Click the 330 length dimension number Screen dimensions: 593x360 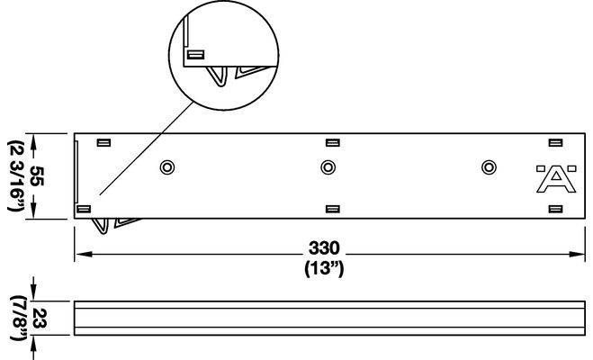coord(324,248)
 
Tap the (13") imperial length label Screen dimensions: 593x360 coord(324,269)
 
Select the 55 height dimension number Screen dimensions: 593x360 coord(37,175)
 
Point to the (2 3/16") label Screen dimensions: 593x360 coord(16,175)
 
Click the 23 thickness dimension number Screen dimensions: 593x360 coord(40,319)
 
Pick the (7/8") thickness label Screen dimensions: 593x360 coord(18,319)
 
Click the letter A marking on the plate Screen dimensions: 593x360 coord(556,182)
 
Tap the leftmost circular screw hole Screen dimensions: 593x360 coord(167,167)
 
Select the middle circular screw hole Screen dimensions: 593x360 coord(328,167)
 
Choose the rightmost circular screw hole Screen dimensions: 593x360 coord(489,167)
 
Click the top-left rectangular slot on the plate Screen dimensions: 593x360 coord(103,142)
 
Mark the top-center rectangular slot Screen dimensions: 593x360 coord(332,142)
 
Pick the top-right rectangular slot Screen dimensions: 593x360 coord(555,142)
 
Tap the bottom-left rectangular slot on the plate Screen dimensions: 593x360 coord(84,209)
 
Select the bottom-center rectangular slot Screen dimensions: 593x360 coord(332,209)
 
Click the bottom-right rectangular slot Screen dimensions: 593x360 coord(555,209)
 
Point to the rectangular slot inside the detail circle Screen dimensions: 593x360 coord(196,55)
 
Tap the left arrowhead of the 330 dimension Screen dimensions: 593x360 coord(83,254)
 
